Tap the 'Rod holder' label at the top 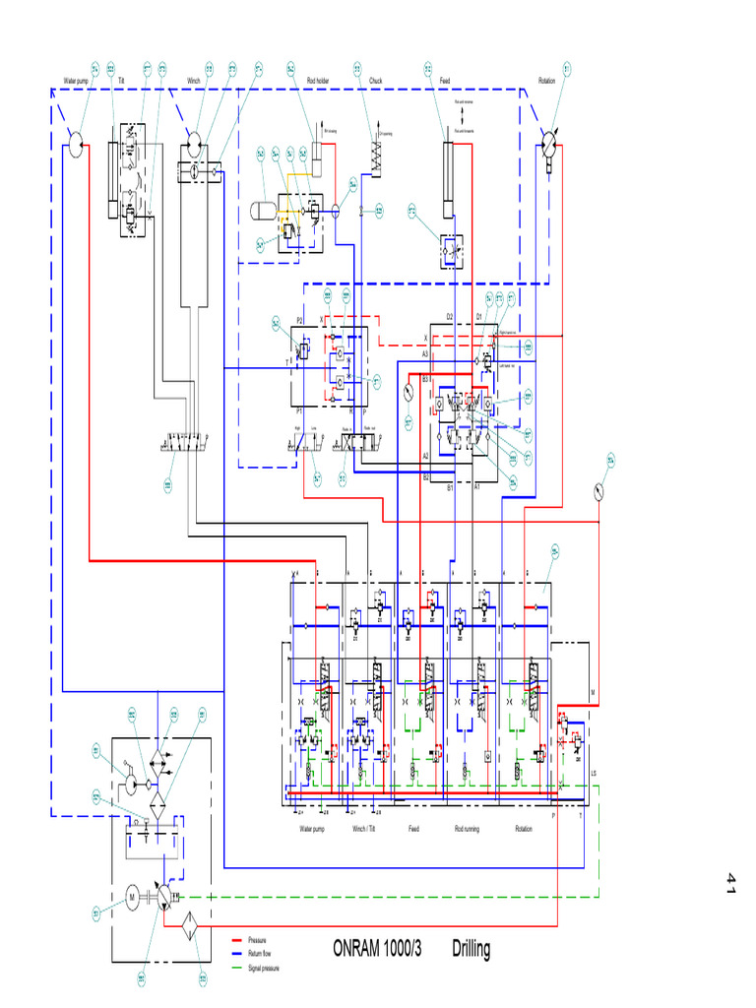[x=317, y=81]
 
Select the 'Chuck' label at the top [x=375, y=81]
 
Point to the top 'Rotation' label [x=547, y=81]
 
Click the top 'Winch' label [x=194, y=81]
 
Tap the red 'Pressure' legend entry [x=257, y=940]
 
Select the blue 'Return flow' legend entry [x=261, y=954]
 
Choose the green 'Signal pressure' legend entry [x=263, y=968]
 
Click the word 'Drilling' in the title [x=471, y=950]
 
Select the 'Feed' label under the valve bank [x=414, y=829]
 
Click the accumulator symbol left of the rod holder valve [x=263, y=209]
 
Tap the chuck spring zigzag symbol [x=376, y=157]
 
